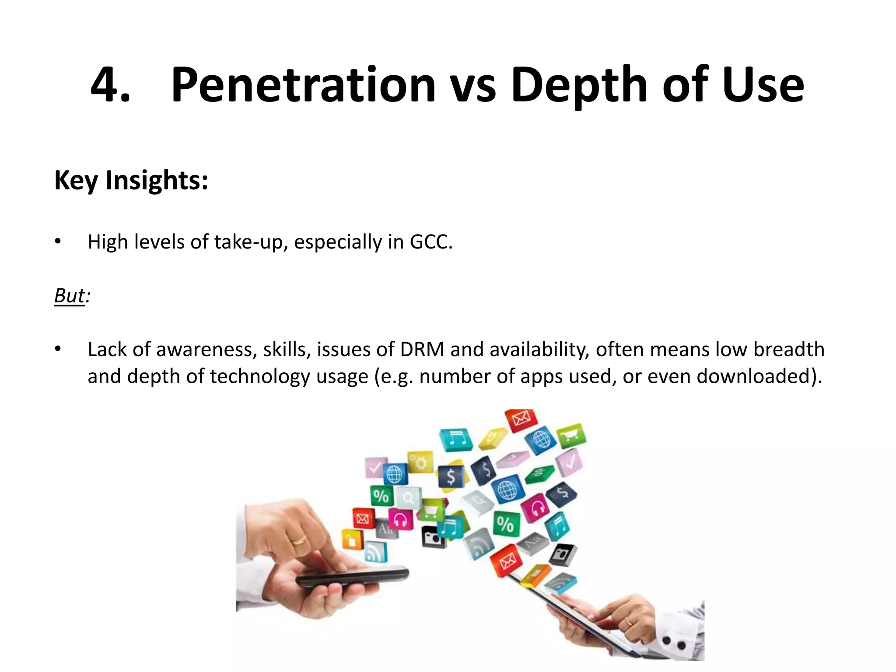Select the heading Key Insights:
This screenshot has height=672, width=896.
tap(131, 180)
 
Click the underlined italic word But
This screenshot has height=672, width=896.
tap(70, 296)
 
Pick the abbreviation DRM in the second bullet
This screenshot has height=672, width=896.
tap(422, 350)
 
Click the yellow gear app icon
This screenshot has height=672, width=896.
tap(420, 462)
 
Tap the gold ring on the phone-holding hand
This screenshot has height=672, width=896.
tap(299, 541)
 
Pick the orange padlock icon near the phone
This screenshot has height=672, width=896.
tap(352, 540)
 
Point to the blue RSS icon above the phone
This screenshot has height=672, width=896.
tap(375, 552)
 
